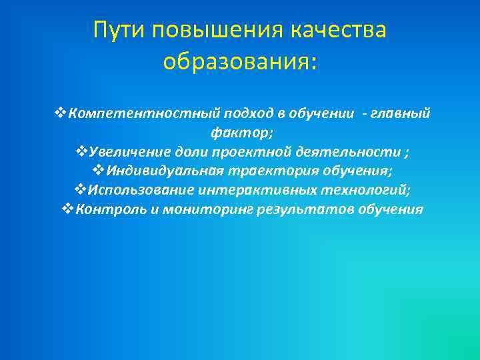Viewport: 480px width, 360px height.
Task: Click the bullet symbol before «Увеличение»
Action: tap(81, 152)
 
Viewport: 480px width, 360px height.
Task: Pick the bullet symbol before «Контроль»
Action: tap(65, 210)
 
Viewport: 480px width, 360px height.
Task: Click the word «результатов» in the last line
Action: tap(297, 210)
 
